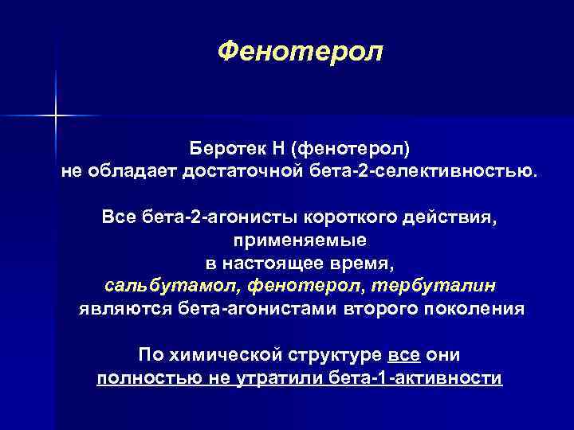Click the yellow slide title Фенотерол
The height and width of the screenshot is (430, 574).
pos(300,53)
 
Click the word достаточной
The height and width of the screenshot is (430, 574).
pos(245,171)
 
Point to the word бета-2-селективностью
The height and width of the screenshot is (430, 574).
pos(423,171)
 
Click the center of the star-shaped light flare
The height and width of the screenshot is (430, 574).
pos(56,116)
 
